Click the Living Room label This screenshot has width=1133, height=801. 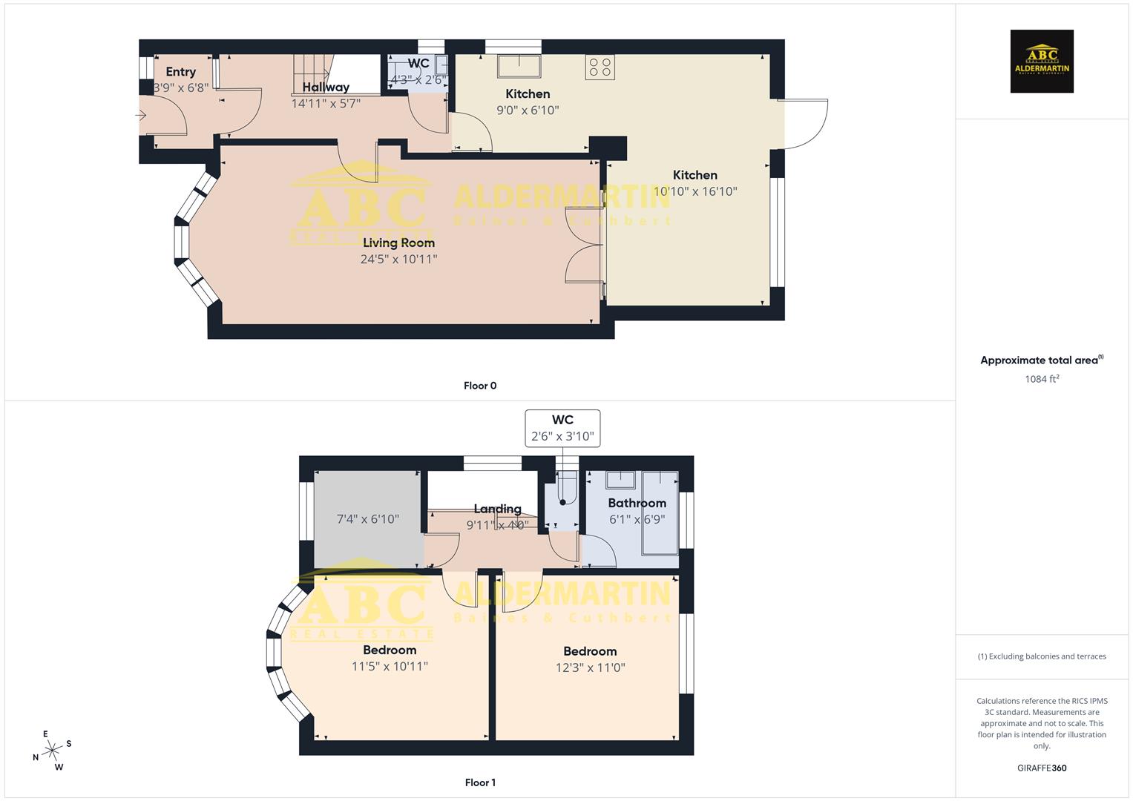[398, 243]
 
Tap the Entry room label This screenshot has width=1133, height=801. [180, 72]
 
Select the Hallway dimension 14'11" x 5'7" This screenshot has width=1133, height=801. [326, 104]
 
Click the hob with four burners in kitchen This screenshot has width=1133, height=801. [600, 67]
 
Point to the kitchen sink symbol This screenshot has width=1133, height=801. [519, 65]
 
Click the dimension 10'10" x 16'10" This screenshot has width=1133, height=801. [695, 191]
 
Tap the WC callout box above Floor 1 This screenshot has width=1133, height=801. [562, 428]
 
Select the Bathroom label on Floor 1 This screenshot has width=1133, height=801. [637, 503]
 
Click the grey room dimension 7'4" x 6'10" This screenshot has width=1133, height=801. [368, 519]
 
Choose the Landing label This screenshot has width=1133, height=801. [497, 509]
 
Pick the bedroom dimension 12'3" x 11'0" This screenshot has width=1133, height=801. [590, 667]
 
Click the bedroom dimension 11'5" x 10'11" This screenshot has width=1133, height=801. [390, 667]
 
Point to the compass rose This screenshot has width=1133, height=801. [52, 751]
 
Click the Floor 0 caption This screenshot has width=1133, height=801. [480, 386]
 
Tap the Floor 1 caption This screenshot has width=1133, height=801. [480, 782]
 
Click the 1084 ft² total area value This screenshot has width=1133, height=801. [1042, 379]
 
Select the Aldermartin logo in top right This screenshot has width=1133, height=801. [1042, 62]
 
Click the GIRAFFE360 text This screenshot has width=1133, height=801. [1042, 768]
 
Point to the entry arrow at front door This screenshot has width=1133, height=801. [141, 115]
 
